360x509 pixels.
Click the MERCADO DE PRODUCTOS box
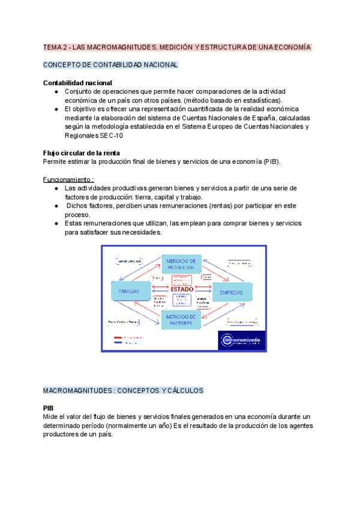tap(180, 264)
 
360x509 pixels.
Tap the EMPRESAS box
tap(231, 292)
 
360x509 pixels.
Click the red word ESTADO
tap(181, 289)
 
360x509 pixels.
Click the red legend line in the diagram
tap(119, 338)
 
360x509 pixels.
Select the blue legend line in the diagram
tap(119, 343)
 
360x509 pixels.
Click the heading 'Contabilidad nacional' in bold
tap(77, 82)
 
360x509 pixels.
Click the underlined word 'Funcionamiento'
tap(67, 179)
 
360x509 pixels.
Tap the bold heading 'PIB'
tap(49, 408)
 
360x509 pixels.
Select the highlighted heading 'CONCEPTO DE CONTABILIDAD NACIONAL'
tap(110, 65)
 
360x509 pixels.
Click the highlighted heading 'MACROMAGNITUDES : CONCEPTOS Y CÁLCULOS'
tap(123, 390)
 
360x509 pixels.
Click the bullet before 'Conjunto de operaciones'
tap(56, 91)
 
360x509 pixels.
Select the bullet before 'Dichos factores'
tap(56, 206)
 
